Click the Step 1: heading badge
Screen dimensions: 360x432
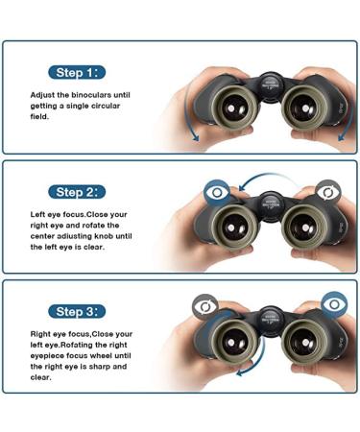pos(77,73)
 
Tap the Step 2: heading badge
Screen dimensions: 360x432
pos(77,192)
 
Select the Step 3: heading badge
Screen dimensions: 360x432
pos(77,311)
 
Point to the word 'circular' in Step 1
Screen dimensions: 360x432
pos(106,106)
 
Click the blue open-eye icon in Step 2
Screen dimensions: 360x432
pos(217,192)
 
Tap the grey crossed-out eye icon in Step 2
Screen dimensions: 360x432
pos(328,192)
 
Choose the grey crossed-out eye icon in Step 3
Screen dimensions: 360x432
pos(205,307)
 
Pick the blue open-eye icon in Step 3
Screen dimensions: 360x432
pos(334,304)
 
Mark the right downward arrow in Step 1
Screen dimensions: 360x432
pos(348,118)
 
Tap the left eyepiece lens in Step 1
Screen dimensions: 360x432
pos(234,108)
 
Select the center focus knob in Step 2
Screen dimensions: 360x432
pos(271,204)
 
